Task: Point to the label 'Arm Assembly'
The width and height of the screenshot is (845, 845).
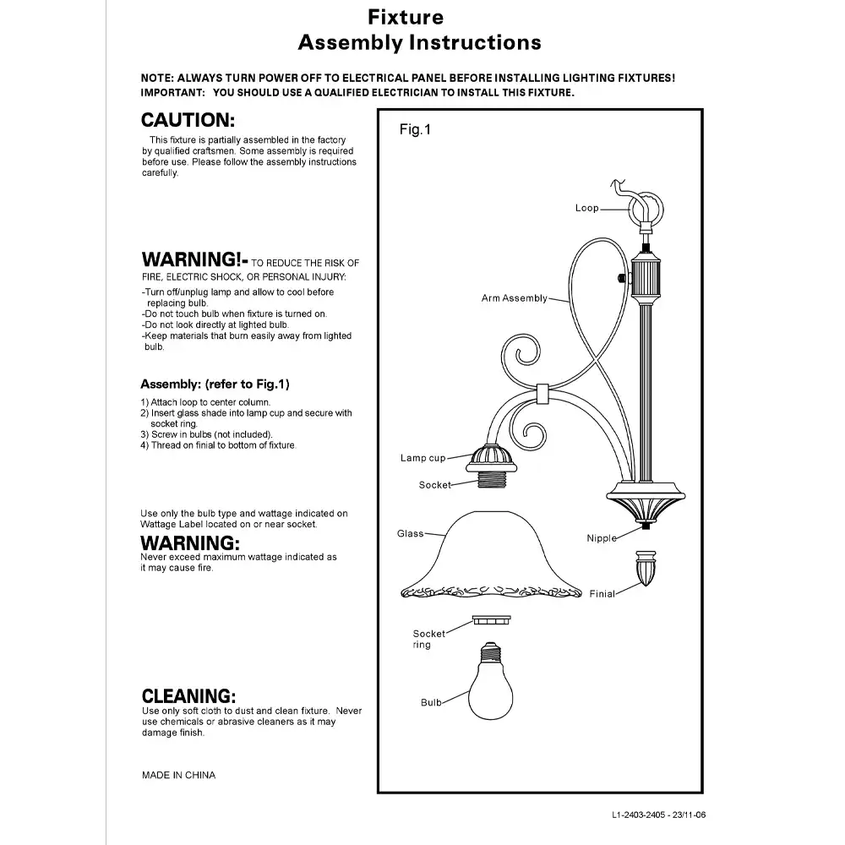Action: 514,298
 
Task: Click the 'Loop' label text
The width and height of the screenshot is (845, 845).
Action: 586,208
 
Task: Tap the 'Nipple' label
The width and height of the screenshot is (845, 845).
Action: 602,538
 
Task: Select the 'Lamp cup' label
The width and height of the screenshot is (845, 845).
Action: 422,458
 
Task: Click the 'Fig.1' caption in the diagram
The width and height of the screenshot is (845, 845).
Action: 415,130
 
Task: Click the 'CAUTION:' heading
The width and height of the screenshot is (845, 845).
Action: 187,121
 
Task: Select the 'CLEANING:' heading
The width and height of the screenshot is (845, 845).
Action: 188,696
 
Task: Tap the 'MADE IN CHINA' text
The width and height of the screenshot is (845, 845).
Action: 178,775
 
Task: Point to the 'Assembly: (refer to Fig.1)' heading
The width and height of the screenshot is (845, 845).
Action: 215,384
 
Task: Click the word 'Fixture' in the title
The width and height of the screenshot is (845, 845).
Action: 406,17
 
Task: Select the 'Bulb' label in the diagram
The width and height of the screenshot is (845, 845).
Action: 431,703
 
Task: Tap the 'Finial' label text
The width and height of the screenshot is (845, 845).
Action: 602,594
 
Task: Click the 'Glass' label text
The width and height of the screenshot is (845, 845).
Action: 410,534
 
